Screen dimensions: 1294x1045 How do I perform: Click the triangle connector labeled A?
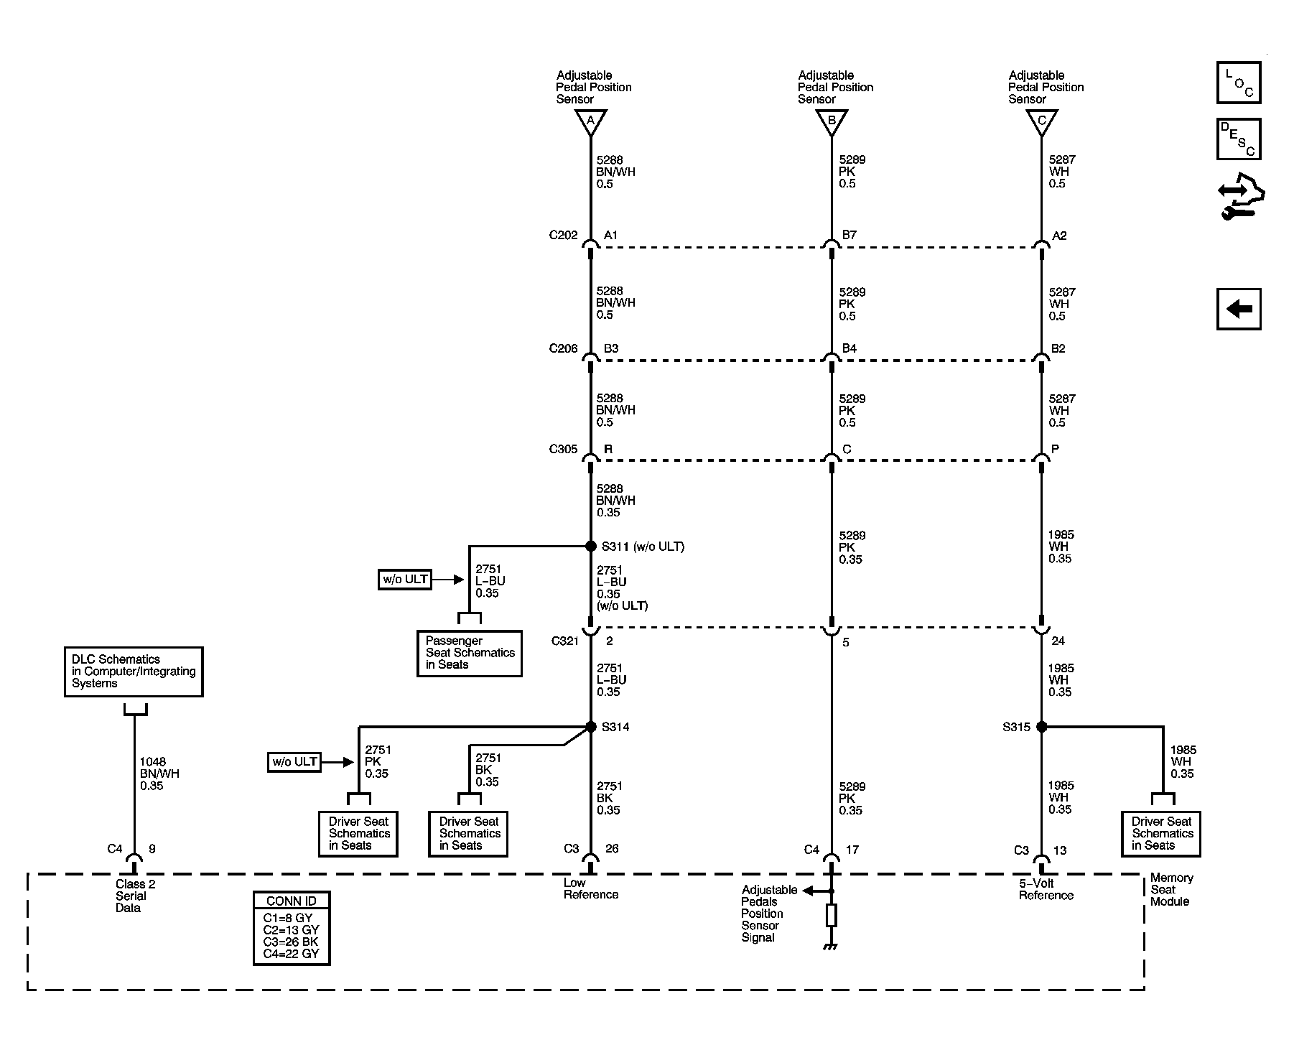coord(590,122)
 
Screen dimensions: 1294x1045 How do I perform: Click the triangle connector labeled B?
coord(832,122)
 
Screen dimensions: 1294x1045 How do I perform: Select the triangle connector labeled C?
coord(1041,122)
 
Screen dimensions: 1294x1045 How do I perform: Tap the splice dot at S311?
coord(591,547)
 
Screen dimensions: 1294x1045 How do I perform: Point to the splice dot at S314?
coord(591,727)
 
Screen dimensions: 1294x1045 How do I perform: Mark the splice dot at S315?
coord(1042,727)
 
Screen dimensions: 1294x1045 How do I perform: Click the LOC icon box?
coord(1239,83)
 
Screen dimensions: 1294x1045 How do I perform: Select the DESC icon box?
coord(1239,139)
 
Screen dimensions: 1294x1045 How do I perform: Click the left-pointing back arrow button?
coord(1239,309)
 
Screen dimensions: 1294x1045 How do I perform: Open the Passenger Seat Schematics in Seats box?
coord(470,653)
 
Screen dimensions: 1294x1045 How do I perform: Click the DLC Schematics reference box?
coord(134,672)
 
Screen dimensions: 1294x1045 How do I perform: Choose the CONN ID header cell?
coord(292,901)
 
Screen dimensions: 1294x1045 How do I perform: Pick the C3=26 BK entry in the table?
coord(290,942)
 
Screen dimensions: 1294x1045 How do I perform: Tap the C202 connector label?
coord(563,235)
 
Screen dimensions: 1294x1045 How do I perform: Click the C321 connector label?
coord(564,641)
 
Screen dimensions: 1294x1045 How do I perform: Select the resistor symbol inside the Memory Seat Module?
coord(832,915)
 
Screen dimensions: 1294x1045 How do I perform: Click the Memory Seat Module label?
coord(1171,889)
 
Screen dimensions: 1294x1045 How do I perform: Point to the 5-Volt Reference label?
coord(1046,889)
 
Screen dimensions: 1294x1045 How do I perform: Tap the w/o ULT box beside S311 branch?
coord(405,580)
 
